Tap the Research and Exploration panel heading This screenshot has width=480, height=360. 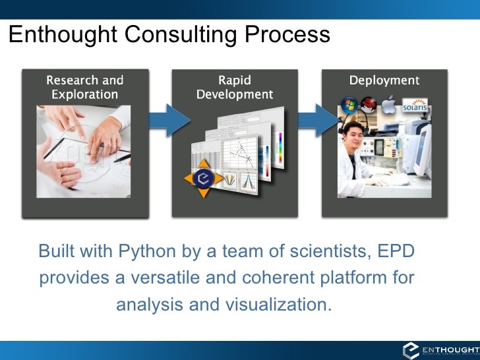click(x=84, y=87)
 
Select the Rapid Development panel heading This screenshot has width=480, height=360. click(x=234, y=87)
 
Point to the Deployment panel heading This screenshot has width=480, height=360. click(x=384, y=80)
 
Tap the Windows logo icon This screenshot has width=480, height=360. click(x=347, y=104)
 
